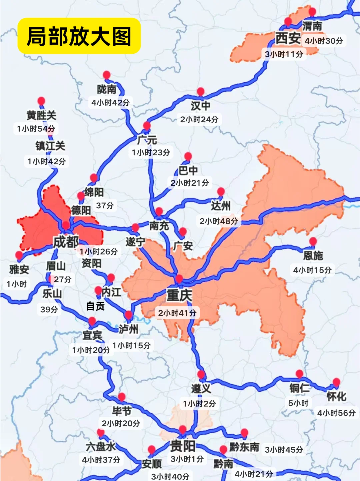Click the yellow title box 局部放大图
click(x=79, y=36)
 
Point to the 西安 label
click(x=288, y=38)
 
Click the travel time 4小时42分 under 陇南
click(x=110, y=103)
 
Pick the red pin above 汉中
click(x=201, y=92)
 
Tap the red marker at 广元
click(x=147, y=126)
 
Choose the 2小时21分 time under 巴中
click(x=189, y=183)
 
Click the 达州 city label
click(x=221, y=206)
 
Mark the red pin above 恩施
click(x=313, y=241)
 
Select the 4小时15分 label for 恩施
click(x=312, y=270)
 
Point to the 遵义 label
click(x=201, y=388)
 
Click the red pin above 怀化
click(x=336, y=382)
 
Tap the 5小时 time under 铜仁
click(x=298, y=403)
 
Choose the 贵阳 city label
click(x=183, y=446)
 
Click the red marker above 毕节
click(x=122, y=397)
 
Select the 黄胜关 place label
click(x=41, y=115)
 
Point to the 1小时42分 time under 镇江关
click(x=47, y=162)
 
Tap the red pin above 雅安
click(x=19, y=256)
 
